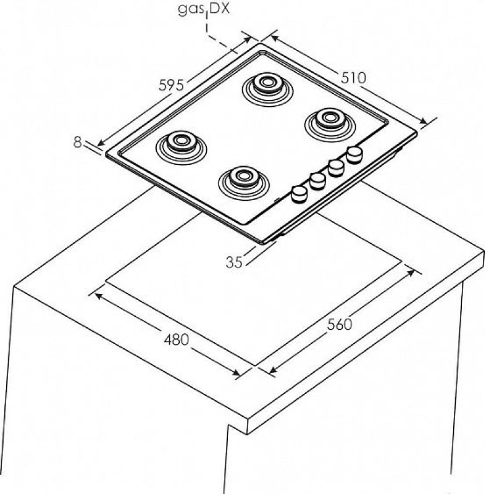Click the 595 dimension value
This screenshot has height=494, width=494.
tap(171, 85)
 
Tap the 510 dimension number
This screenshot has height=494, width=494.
tap(353, 78)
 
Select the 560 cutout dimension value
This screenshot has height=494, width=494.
tap(339, 324)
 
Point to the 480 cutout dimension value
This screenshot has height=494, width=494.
tap(177, 339)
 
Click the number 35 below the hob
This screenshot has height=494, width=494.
tap(234, 262)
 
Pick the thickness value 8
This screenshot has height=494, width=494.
tap(78, 142)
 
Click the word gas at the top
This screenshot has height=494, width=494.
tap(191, 9)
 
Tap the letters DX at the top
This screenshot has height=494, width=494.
tap(219, 9)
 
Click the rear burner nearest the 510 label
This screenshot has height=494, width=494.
tap(330, 125)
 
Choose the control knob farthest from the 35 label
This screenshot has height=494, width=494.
tap(354, 154)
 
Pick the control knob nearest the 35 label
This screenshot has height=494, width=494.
tap(299, 193)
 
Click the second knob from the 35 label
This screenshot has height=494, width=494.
tap(317, 180)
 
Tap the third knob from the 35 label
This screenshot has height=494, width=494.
tap(336, 167)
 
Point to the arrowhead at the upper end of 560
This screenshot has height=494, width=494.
tap(411, 272)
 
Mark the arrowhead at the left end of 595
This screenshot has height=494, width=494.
tap(101, 143)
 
